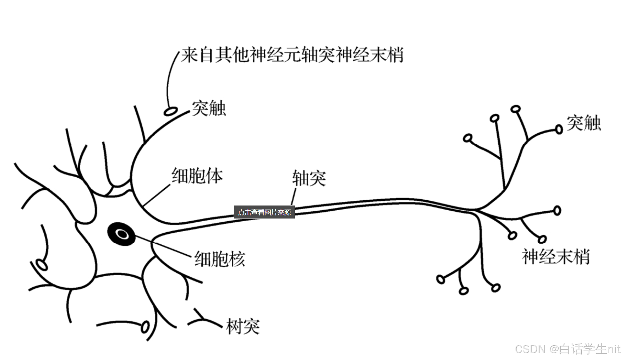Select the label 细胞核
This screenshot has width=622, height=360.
pyautogui.click(x=219, y=259)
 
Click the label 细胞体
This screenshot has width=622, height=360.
pyautogui.click(x=197, y=176)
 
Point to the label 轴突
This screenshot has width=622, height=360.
pyautogui.click(x=309, y=178)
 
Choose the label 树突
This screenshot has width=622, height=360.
pyautogui.click(x=243, y=326)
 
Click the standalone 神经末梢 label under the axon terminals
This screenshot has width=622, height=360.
pyautogui.click(x=556, y=257)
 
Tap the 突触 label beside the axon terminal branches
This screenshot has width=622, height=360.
pyautogui.click(x=583, y=123)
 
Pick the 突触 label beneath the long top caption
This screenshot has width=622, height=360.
pyautogui.click(x=209, y=108)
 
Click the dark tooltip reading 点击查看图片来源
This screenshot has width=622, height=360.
pyautogui.click(x=264, y=212)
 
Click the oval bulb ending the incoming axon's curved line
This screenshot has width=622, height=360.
pyautogui.click(x=170, y=110)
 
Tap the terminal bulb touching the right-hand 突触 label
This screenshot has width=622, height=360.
pyautogui.click(x=559, y=129)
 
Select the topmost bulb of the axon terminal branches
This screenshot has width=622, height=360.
pyautogui.click(x=516, y=109)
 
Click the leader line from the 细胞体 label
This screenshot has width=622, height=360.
pyautogui.click(x=157, y=194)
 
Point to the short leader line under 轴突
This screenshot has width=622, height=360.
pyautogui.click(x=293, y=197)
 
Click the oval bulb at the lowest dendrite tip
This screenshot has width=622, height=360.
pyautogui.click(x=145, y=327)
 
